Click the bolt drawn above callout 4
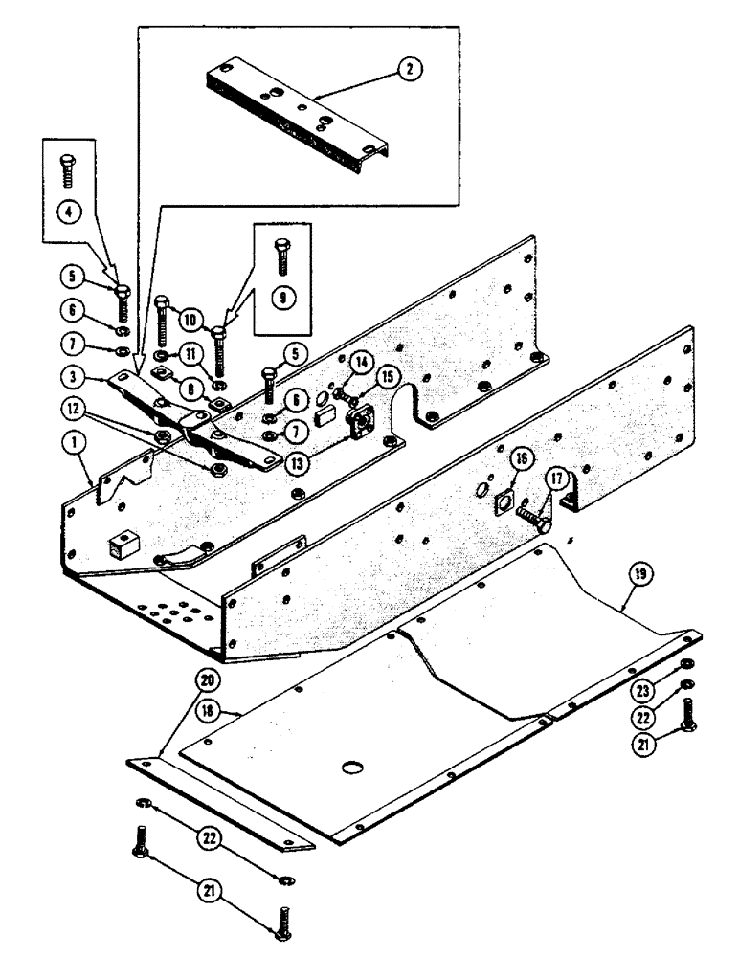68,169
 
